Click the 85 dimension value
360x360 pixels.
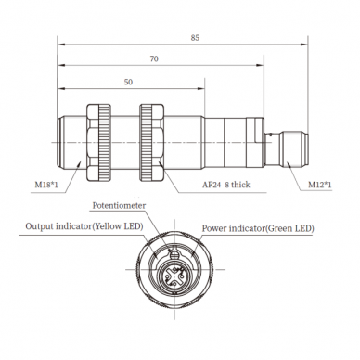(x=195, y=38)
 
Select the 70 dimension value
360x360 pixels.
(x=154, y=58)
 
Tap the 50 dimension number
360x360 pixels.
(x=128, y=82)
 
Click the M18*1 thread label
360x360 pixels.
(x=46, y=185)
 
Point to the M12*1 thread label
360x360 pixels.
(x=320, y=185)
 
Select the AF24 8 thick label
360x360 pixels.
(x=226, y=185)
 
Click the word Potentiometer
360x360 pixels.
(x=119, y=206)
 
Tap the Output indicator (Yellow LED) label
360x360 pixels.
(x=84, y=226)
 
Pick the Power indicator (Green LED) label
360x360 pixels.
(x=258, y=228)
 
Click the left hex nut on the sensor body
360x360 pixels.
(x=98, y=142)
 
